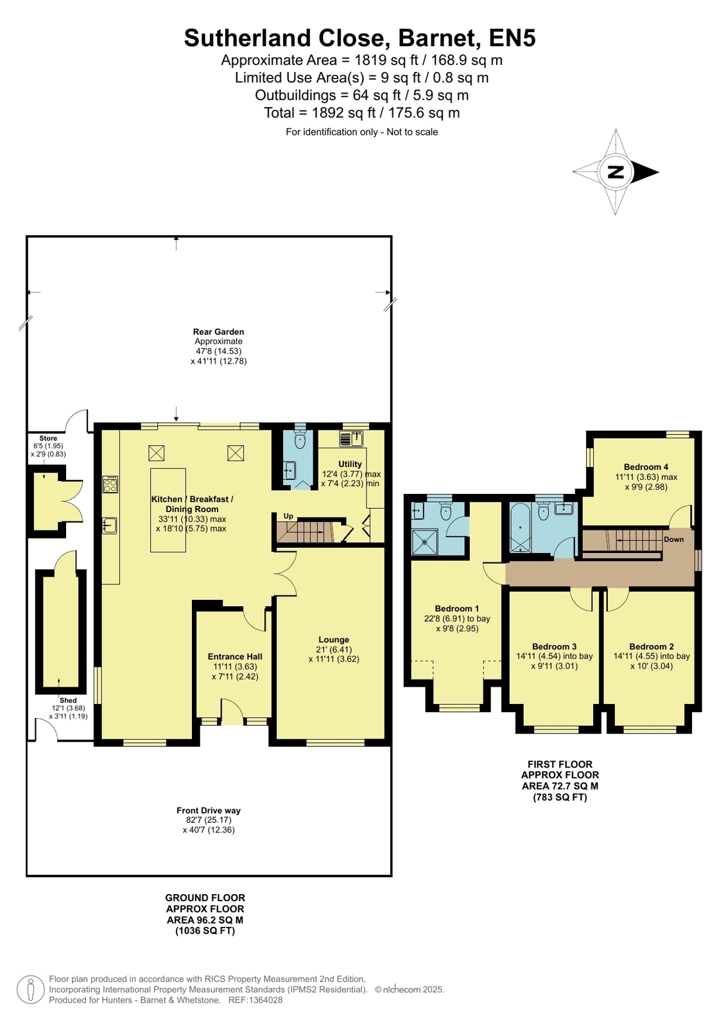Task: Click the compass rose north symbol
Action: [616, 172]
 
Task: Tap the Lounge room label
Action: [334, 640]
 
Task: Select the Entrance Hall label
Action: [235, 656]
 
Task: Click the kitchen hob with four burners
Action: [110, 484]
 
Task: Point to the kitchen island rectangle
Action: [168, 510]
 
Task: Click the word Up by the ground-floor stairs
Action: [288, 516]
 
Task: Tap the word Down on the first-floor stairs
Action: [674, 539]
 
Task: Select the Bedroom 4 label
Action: [646, 467]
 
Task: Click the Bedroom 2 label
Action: [652, 647]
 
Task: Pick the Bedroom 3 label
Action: [554, 647]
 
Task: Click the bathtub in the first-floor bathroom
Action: [521, 528]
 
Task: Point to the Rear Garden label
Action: [218, 331]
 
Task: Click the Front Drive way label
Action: [209, 810]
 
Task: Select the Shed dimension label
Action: [68, 708]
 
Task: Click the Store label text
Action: [48, 438]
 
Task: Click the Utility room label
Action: [350, 464]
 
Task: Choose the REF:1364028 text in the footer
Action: [255, 1000]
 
